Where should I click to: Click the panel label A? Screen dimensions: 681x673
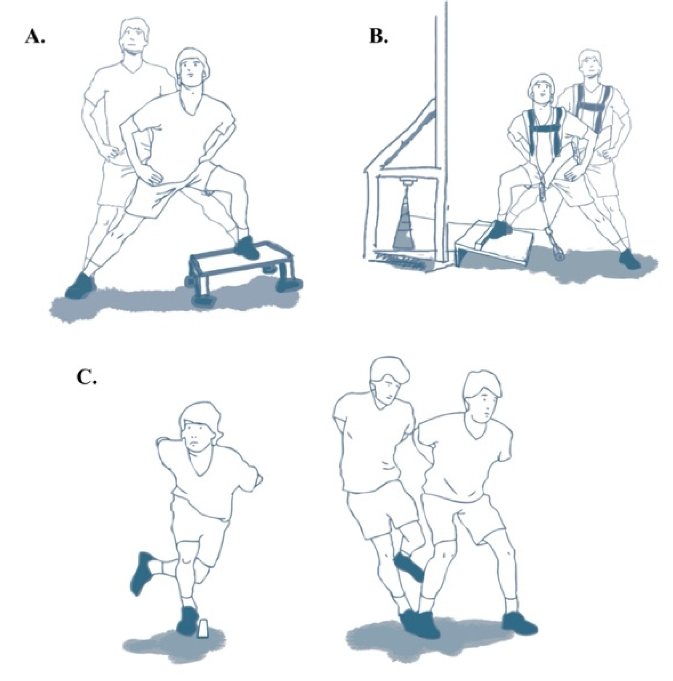[x=35, y=37]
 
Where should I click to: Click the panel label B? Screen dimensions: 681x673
[x=378, y=37]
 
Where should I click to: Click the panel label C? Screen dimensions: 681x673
[x=87, y=377]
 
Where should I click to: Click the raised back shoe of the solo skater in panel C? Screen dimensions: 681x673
[x=143, y=572]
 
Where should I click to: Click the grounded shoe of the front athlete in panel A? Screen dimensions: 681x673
[x=80, y=286]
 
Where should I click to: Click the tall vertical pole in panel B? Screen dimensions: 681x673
[x=441, y=126]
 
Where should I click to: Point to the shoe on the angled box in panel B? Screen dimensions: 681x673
[x=501, y=230]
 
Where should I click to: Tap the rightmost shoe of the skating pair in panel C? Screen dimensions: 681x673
[x=519, y=624]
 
